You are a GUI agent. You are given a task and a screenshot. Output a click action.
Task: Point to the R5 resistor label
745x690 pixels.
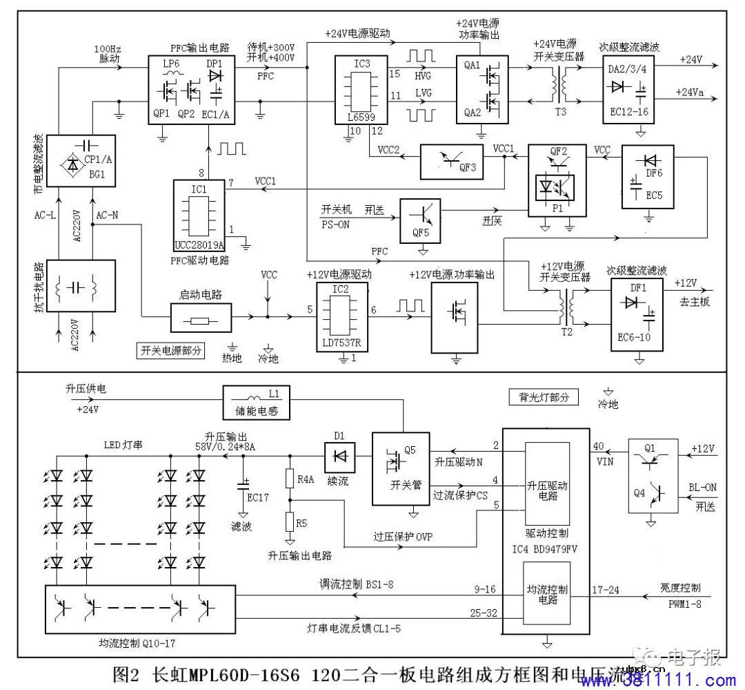coord(301,523)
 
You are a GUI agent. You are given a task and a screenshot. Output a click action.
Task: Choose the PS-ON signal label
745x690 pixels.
coord(335,223)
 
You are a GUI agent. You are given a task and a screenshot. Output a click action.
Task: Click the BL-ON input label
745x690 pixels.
coord(702,487)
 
